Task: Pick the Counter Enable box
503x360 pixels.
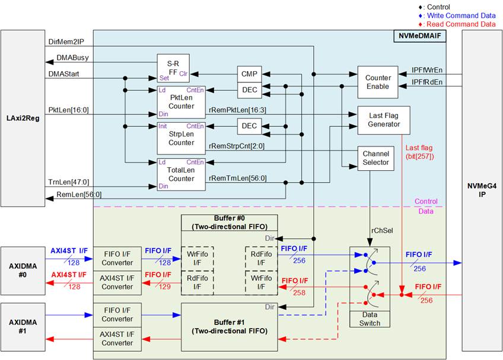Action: coord(378,82)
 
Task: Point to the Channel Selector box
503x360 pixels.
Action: coord(375,158)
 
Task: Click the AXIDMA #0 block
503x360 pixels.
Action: coord(23,267)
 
